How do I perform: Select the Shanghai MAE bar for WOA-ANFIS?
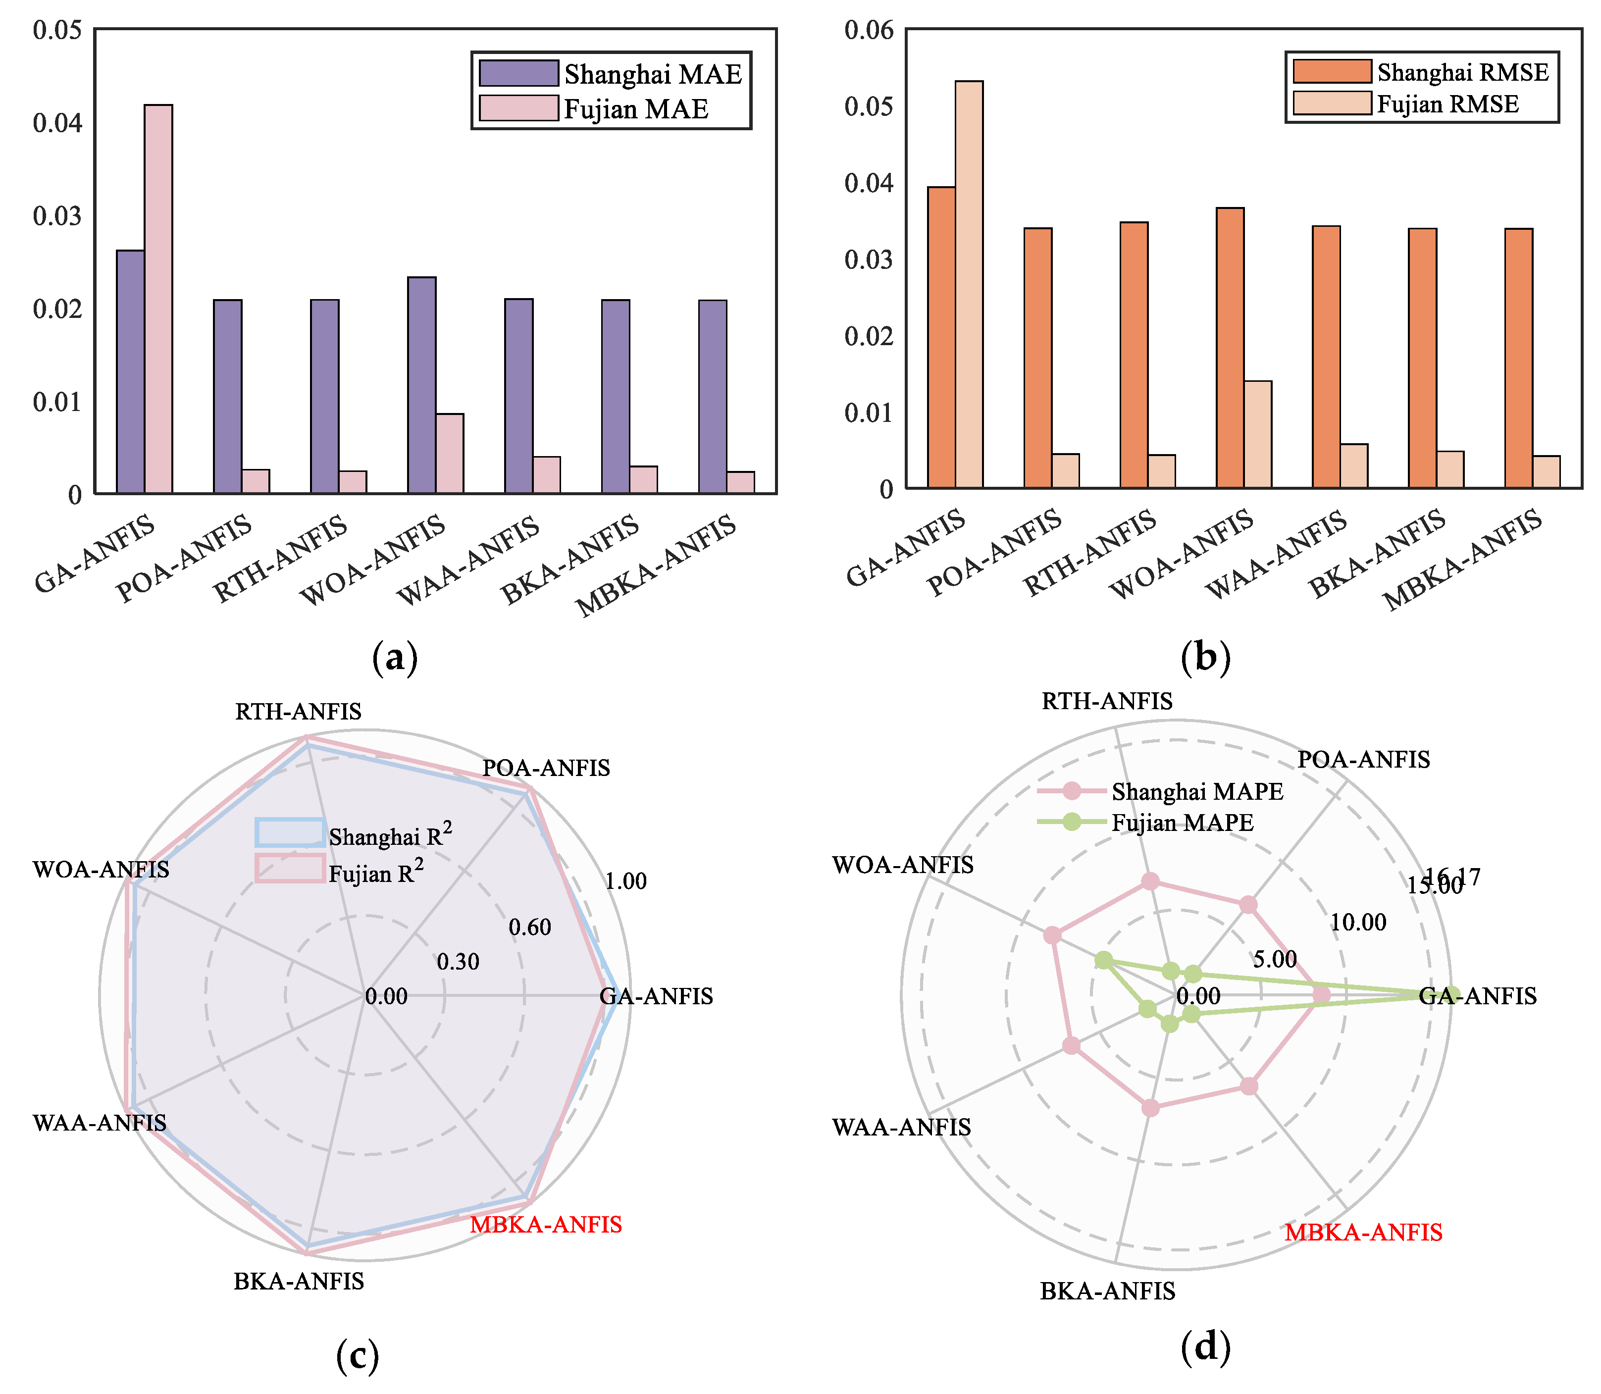point(421,385)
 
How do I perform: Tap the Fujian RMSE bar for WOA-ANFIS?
point(1257,434)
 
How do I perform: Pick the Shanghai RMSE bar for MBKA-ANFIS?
point(1518,359)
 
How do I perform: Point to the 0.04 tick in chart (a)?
point(57,123)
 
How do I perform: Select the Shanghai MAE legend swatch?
point(518,74)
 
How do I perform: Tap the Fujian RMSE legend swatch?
point(1332,103)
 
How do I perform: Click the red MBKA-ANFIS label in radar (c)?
point(546,1225)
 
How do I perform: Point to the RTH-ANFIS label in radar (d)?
point(1107,702)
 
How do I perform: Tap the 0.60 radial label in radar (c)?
point(530,927)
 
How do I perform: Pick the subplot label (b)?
point(1205,657)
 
